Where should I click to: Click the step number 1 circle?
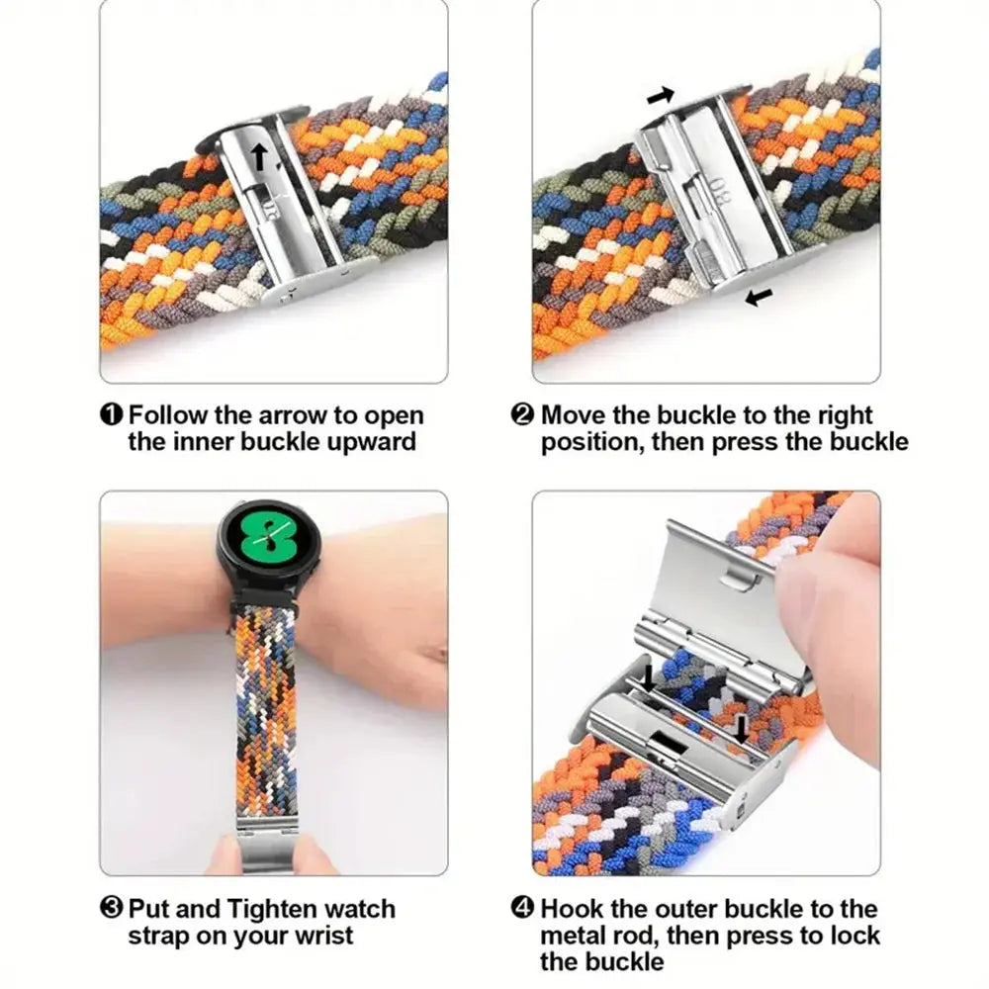(112, 415)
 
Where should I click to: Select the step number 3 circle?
(112, 908)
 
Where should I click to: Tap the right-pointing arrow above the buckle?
(661, 96)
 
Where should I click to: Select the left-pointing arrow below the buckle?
(759, 296)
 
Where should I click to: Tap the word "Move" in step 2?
(575, 415)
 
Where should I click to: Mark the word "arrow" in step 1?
(292, 415)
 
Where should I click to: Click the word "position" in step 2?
(589, 441)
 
